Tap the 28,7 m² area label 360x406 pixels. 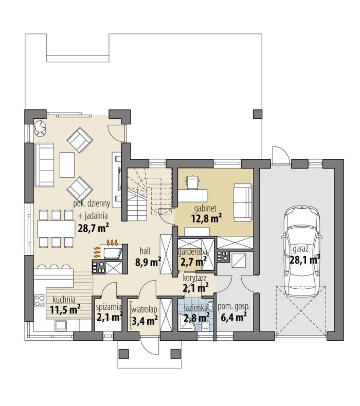tap(93, 228)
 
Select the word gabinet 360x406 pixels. tap(205, 208)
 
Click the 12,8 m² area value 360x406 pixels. tap(207, 218)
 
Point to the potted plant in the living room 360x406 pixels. tap(40, 128)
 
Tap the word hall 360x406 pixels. tap(145, 251)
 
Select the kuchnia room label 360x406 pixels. tap(64, 300)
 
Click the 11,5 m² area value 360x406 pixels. tap(65, 309)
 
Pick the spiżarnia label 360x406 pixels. tap(109, 307)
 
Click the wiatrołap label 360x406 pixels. tap(145, 310)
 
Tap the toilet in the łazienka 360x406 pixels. tap(206, 326)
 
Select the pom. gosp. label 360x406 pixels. tap(233, 307)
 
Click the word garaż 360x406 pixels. tap(300, 249)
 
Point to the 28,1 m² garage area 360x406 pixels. tap(305, 259)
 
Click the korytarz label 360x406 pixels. tap(194, 279)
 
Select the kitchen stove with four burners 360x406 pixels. tap(40, 301)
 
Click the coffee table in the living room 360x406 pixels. tap(67, 164)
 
